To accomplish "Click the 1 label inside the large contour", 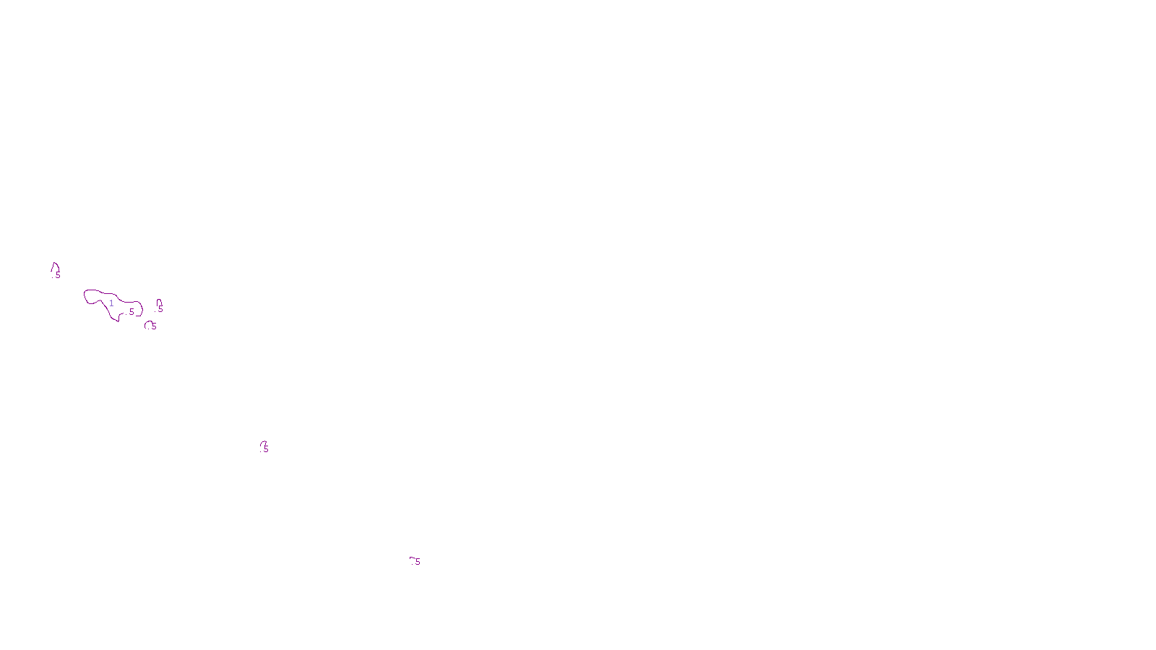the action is [x=111, y=303].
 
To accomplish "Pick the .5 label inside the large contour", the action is [x=131, y=312].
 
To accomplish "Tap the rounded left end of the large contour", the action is [x=85, y=295].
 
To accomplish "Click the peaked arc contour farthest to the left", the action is [x=55, y=265].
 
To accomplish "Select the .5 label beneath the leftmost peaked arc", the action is [x=57, y=275].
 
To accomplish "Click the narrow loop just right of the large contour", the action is [x=159, y=301].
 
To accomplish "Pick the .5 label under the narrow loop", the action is [x=160, y=309].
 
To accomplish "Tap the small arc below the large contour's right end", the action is [x=147, y=324].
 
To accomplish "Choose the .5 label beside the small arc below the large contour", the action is [x=153, y=326].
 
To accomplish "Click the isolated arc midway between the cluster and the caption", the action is [x=263, y=443].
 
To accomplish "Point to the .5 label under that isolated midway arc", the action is [x=265, y=449].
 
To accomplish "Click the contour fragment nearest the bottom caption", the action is [x=412, y=558].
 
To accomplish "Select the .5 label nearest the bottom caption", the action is [x=417, y=562].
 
